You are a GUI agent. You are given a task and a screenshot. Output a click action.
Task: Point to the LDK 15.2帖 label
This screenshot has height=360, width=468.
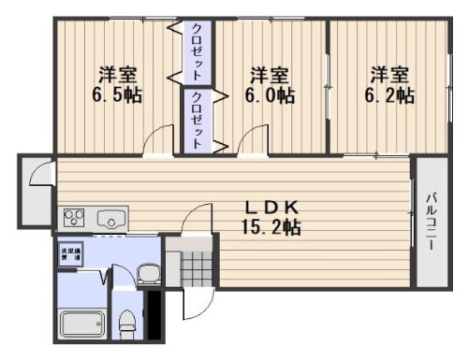click(x=273, y=216)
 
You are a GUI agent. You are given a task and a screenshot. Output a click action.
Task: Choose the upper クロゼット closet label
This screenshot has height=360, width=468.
click(x=197, y=50)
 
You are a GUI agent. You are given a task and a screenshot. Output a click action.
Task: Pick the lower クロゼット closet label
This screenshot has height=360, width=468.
click(x=197, y=119)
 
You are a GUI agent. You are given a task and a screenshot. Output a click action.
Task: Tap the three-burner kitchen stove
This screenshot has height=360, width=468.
click(x=75, y=219)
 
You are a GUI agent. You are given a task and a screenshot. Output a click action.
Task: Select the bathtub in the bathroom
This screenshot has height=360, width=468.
click(x=84, y=324)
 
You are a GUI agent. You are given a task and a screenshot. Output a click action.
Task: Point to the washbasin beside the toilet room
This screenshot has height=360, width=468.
click(x=149, y=274)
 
